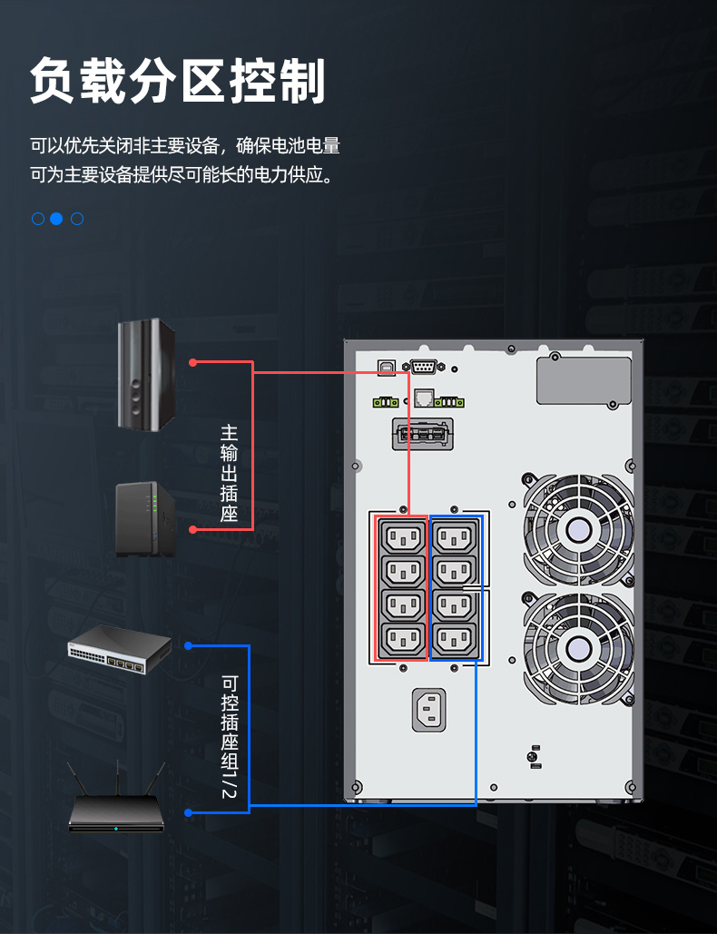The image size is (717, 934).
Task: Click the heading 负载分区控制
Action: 178,81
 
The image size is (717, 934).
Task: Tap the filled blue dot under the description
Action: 56,219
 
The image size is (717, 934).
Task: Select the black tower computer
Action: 146,374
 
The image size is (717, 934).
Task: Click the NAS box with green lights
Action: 145,519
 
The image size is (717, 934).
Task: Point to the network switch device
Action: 120,649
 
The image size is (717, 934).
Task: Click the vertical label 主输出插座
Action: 230,473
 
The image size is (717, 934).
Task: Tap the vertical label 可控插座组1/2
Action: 230,736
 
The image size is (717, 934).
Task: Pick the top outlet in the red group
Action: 403,538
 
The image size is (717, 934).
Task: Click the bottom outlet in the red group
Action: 403,640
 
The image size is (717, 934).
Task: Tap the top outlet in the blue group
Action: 455,538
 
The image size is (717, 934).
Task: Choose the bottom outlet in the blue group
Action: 455,640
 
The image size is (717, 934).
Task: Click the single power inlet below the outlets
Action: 428,710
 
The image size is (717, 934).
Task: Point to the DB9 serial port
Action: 424,367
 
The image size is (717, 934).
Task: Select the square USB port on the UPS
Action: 387,368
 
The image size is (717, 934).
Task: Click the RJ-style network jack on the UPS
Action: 424,398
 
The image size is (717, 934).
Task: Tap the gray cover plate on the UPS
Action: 584,380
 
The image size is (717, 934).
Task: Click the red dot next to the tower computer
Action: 192,362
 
